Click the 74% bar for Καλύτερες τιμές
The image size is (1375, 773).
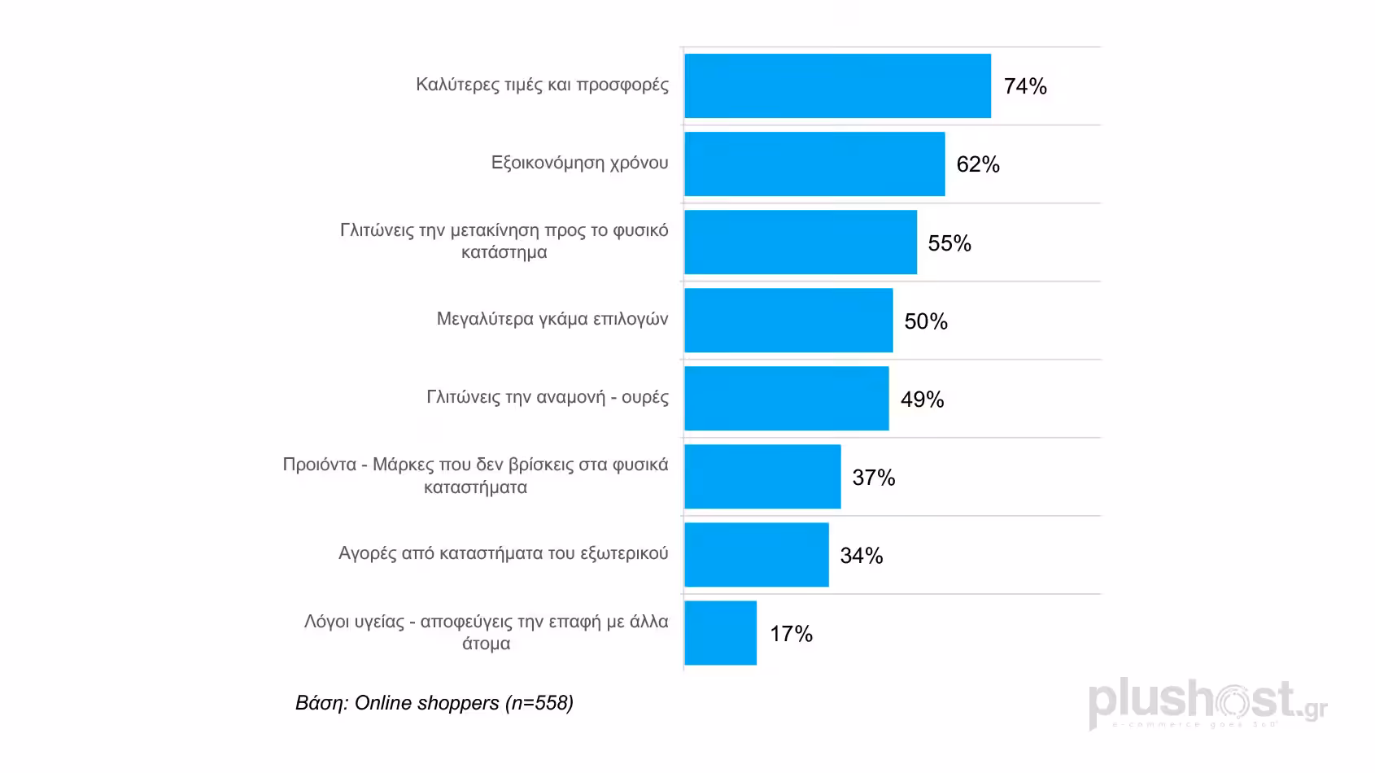pyautogui.click(x=837, y=86)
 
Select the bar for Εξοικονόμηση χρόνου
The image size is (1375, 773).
pyautogui.click(x=814, y=164)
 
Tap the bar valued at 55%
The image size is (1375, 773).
pyautogui.click(x=801, y=242)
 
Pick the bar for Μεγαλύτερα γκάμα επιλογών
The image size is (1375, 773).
pyautogui.click(x=788, y=321)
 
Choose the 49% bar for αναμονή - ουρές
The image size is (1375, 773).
pyautogui.click(x=786, y=399)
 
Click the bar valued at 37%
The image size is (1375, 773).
pyautogui.click(x=762, y=477)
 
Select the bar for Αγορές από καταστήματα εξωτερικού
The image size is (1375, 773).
pyautogui.click(x=757, y=555)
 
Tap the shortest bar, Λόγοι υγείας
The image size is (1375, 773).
pyautogui.click(x=720, y=633)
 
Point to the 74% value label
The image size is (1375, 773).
pyautogui.click(x=1025, y=86)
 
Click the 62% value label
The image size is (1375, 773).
pyautogui.click(x=978, y=164)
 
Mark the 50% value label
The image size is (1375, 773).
pyautogui.click(x=926, y=321)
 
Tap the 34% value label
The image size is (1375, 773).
pyautogui.click(x=862, y=556)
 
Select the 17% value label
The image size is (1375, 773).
pyautogui.click(x=791, y=634)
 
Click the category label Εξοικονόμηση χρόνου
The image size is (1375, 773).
pyautogui.click(x=579, y=163)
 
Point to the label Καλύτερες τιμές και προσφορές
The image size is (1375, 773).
pyautogui.click(x=542, y=85)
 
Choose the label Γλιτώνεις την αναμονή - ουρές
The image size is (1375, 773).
pyautogui.click(x=548, y=397)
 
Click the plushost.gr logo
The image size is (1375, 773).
pyautogui.click(x=1207, y=704)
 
